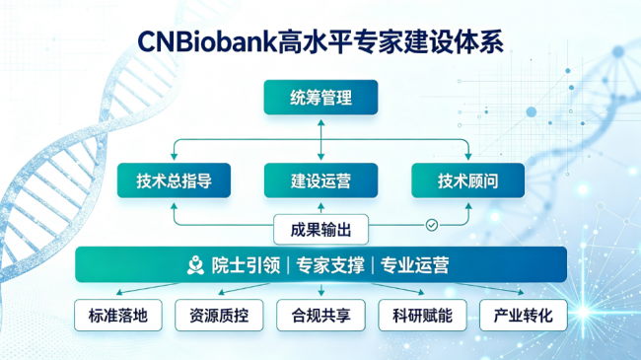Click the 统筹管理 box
click(320, 98)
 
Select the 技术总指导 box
click(174, 180)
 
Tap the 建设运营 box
click(320, 180)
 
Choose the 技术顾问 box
click(468, 180)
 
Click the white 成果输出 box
click(320, 229)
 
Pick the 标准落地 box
click(118, 315)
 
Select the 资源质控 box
click(219, 315)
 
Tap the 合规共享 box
click(320, 315)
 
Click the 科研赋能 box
click(422, 315)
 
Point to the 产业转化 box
click(524, 315)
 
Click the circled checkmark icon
click(432, 225)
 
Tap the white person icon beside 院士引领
click(195, 265)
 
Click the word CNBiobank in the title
click(207, 42)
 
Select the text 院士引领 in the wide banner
click(246, 265)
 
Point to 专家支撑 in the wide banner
click(330, 265)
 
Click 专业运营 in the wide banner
click(414, 265)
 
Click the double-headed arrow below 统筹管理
click(320, 140)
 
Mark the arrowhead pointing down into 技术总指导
click(174, 157)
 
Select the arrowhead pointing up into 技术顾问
click(468, 206)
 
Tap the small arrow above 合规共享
click(320, 290)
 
